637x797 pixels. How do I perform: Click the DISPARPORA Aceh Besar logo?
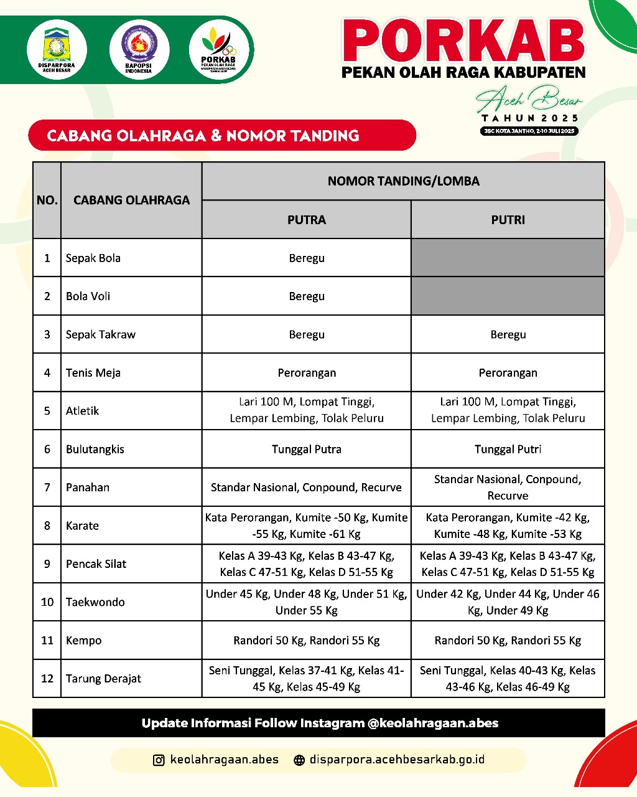click(x=57, y=50)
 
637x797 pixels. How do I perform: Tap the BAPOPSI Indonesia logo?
click(x=139, y=50)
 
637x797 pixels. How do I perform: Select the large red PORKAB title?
click(x=463, y=41)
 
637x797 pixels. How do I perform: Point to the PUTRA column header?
click(x=306, y=220)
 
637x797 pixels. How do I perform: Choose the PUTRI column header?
click(x=508, y=220)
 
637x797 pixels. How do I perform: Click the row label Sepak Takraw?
click(x=101, y=334)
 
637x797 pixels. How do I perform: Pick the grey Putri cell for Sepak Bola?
click(x=508, y=258)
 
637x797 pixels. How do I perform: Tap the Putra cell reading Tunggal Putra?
click(x=306, y=449)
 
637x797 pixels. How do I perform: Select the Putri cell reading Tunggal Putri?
click(x=508, y=449)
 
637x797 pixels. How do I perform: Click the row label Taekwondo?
click(x=95, y=602)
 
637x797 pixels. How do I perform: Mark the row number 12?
click(x=47, y=679)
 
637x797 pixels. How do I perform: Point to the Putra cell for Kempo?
click(x=306, y=640)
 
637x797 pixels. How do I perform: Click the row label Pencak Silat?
click(x=96, y=564)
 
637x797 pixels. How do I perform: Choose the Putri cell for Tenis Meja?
click(x=508, y=372)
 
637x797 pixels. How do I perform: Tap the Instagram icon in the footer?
click(x=159, y=760)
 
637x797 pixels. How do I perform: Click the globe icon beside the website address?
click(x=299, y=760)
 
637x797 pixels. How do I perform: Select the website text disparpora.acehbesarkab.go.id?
click(x=397, y=760)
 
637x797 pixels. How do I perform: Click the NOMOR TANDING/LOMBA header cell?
click(x=403, y=181)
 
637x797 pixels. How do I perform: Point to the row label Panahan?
click(x=87, y=488)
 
